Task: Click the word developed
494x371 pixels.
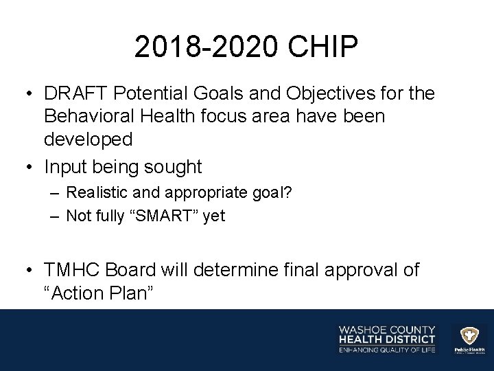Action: (x=89, y=139)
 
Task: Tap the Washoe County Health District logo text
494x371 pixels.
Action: (x=386, y=334)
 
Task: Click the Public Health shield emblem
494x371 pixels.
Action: (x=469, y=335)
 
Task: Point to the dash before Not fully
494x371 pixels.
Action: (x=56, y=216)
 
